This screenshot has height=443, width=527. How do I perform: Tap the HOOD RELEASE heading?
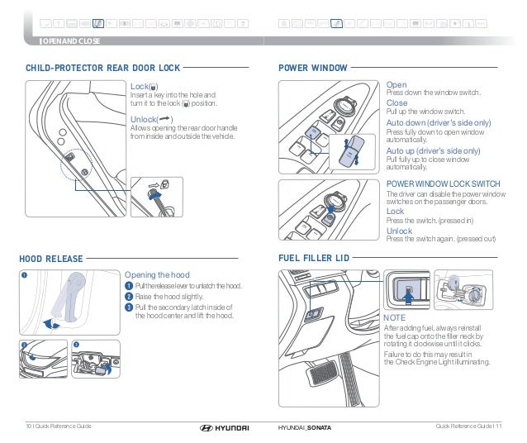click(x=50, y=258)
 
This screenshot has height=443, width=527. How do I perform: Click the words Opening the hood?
click(x=157, y=274)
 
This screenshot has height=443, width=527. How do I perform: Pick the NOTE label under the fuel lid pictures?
click(x=396, y=317)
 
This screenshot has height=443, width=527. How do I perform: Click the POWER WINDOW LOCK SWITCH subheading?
click(x=443, y=183)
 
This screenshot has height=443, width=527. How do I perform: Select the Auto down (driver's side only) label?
click(x=439, y=122)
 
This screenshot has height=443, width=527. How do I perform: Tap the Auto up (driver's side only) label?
click(x=433, y=151)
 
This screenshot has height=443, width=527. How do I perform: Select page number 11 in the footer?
click(x=499, y=426)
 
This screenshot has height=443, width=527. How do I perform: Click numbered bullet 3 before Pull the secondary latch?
click(x=128, y=307)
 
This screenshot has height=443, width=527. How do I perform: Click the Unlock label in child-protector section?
click(x=144, y=119)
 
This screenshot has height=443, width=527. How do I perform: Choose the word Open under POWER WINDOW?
click(x=396, y=84)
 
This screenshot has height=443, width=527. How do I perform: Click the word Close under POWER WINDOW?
click(x=397, y=103)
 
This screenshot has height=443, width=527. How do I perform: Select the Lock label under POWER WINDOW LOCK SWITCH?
click(x=396, y=212)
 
